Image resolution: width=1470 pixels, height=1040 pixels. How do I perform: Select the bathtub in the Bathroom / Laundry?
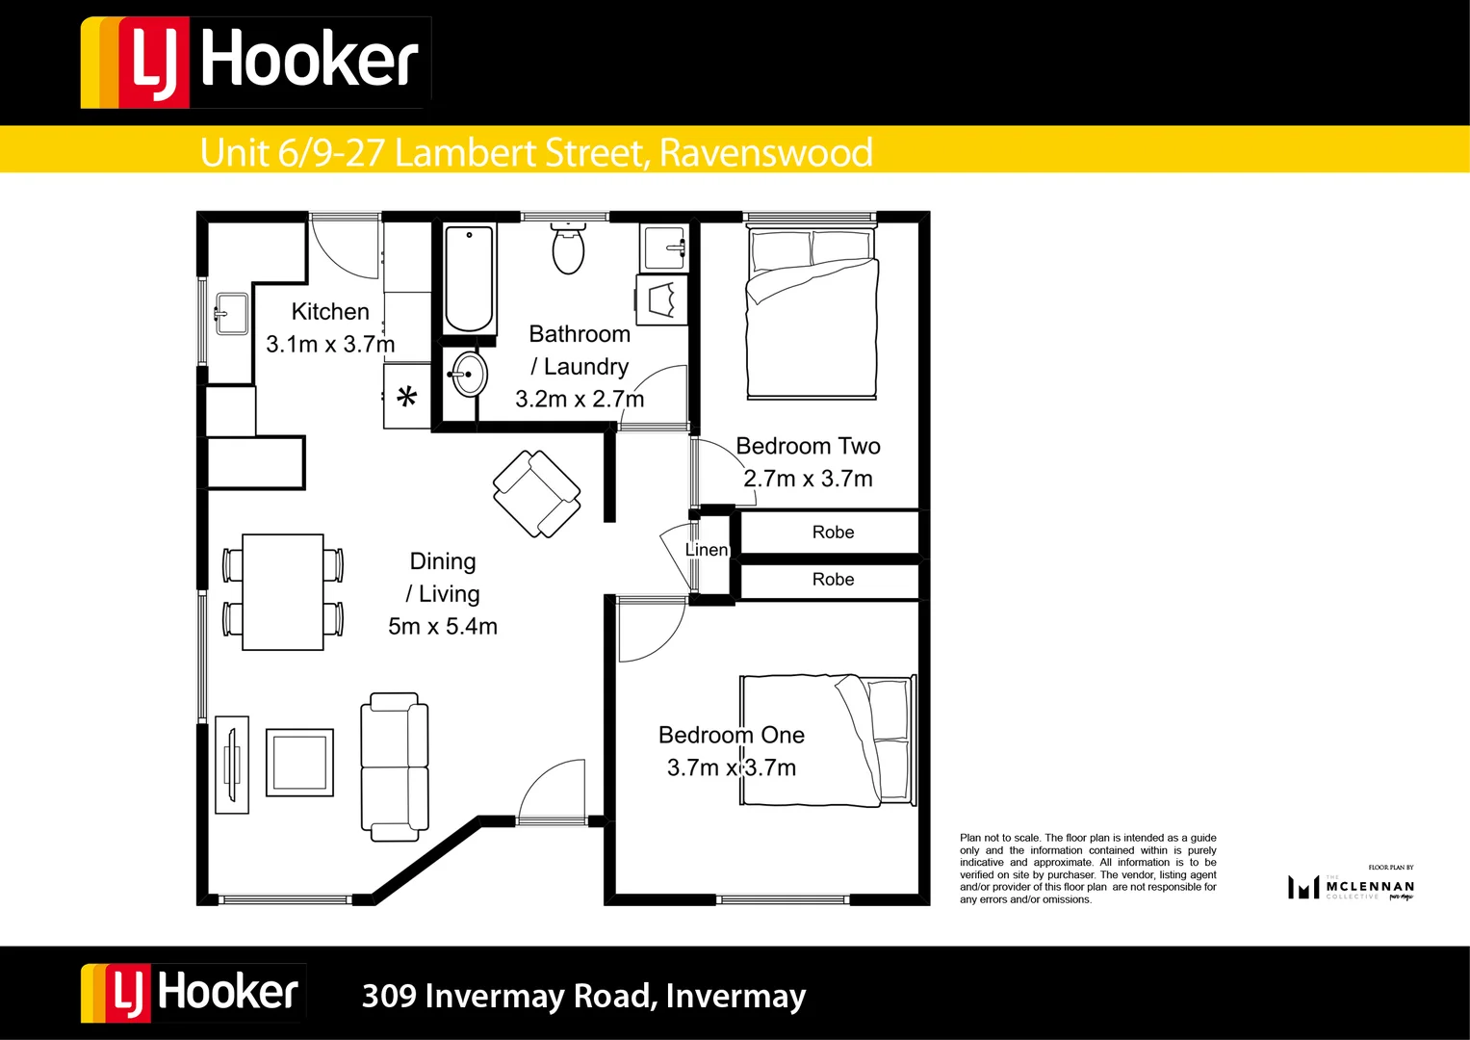(x=469, y=278)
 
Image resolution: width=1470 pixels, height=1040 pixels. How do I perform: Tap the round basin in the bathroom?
(x=470, y=373)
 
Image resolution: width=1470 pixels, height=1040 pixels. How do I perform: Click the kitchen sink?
(x=231, y=313)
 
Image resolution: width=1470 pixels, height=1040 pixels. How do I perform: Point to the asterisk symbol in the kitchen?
(x=406, y=397)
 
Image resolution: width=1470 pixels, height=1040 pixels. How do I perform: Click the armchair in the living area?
(x=536, y=493)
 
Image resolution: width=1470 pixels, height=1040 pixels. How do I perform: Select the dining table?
(x=282, y=591)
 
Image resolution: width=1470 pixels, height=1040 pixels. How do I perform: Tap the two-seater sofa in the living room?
(x=394, y=767)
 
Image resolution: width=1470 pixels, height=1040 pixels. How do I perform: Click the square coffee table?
(x=299, y=762)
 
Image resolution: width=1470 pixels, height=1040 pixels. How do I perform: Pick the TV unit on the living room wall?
(x=231, y=765)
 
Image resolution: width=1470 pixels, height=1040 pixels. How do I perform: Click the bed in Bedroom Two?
(x=812, y=313)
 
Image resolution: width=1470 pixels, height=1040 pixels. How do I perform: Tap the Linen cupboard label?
(x=707, y=550)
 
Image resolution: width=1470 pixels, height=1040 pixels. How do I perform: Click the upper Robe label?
(x=833, y=533)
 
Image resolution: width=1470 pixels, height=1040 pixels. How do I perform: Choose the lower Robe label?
(x=833, y=579)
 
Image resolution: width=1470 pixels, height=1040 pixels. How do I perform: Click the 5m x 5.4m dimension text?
(x=443, y=626)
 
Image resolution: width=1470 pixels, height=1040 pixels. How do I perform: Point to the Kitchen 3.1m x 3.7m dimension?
(x=330, y=344)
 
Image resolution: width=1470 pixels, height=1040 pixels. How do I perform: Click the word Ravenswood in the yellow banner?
(x=765, y=152)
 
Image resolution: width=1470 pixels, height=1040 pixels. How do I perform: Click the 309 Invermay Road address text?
(x=583, y=996)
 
